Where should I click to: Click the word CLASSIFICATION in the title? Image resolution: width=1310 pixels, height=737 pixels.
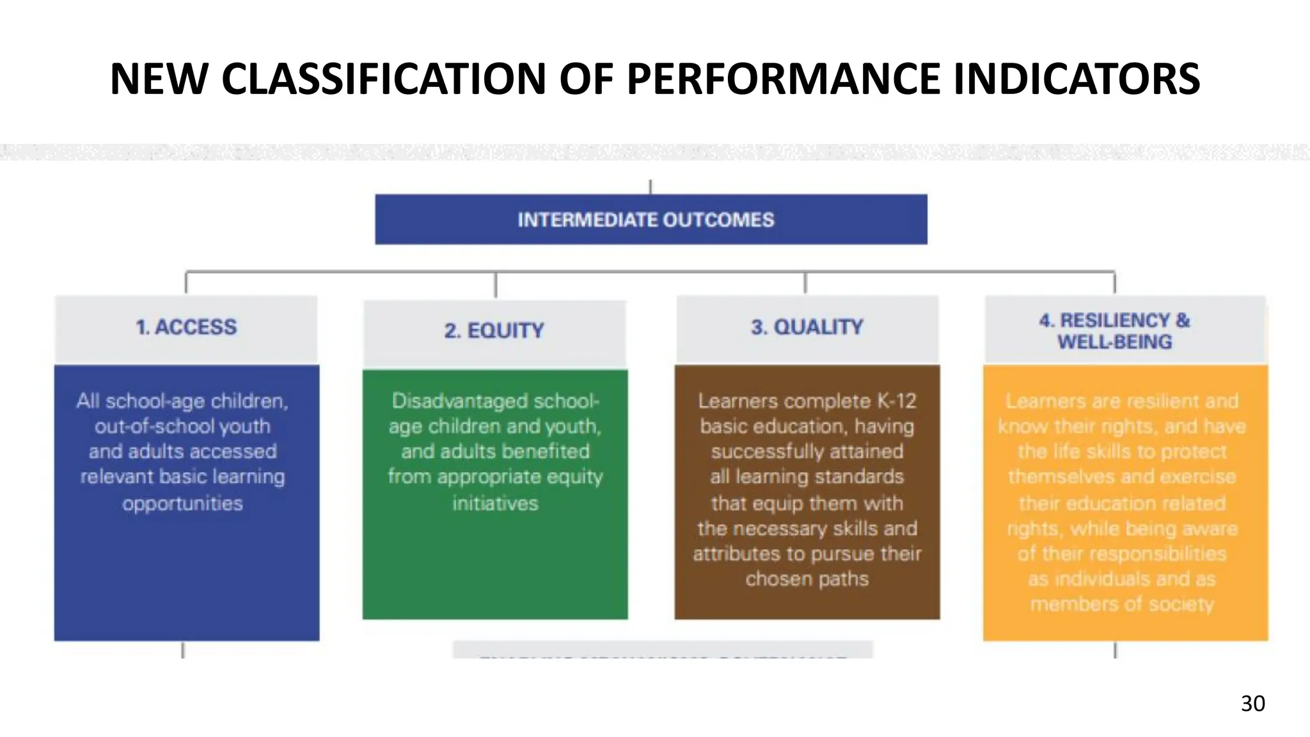tap(384, 79)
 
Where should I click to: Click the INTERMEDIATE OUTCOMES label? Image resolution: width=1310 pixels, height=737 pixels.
tap(646, 220)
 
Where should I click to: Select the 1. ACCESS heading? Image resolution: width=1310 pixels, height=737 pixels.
tap(186, 327)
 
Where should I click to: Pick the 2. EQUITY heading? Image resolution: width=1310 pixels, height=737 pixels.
tap(494, 331)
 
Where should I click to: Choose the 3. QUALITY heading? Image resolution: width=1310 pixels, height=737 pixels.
tap(807, 327)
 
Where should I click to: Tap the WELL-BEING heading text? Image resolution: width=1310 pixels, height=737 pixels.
tap(1114, 342)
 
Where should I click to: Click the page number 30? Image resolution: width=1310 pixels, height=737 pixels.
tap(1252, 703)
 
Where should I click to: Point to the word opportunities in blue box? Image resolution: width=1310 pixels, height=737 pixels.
tap(183, 503)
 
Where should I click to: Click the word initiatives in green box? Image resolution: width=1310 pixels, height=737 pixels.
tap(495, 503)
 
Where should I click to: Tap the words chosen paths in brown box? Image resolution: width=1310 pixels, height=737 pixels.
tap(807, 579)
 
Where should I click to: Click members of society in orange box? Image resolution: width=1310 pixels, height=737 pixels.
tap(1121, 604)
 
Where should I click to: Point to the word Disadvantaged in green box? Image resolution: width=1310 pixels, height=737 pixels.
tap(461, 401)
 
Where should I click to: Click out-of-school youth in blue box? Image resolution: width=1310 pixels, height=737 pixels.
tap(183, 426)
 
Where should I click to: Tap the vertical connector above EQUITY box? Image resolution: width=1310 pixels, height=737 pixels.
tap(496, 285)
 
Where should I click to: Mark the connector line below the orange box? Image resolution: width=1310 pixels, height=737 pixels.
tap(1115, 650)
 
